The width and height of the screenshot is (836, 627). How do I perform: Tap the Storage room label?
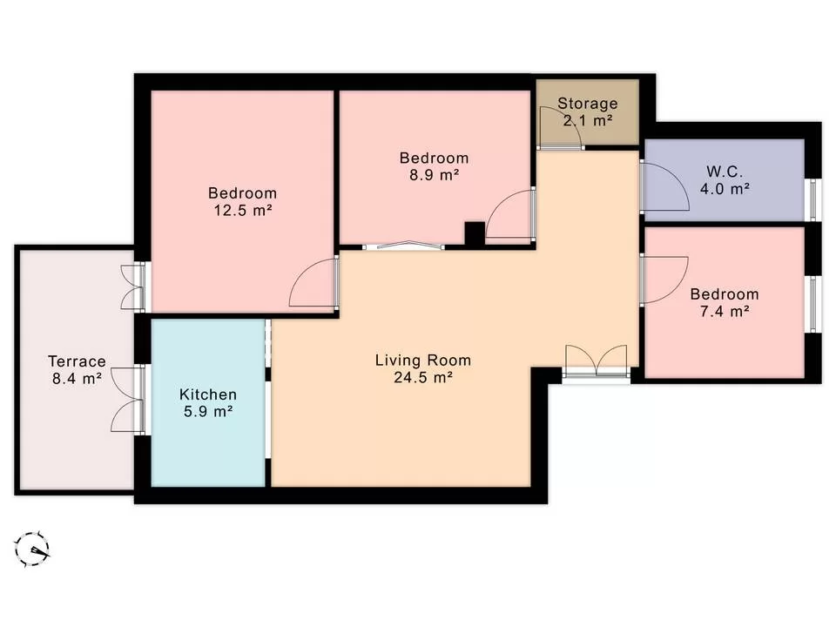(x=587, y=104)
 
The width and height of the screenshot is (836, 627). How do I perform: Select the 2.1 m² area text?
(x=587, y=121)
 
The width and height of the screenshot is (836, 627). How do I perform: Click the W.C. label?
(x=724, y=170)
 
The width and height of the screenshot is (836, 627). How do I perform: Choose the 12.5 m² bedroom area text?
(x=242, y=210)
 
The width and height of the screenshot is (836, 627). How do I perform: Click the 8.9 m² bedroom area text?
(x=434, y=175)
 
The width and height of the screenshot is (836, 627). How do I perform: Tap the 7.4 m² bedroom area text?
(x=724, y=311)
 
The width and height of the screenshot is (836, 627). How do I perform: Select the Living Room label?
(x=422, y=360)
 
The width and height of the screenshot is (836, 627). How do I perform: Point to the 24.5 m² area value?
(x=422, y=377)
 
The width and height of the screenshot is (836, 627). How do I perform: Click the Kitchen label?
(x=207, y=394)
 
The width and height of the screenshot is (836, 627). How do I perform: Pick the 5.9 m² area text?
(x=207, y=412)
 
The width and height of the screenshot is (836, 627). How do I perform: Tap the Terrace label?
(x=77, y=361)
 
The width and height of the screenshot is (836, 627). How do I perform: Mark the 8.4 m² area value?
(x=77, y=379)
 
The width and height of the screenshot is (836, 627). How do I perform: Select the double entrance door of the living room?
(x=596, y=362)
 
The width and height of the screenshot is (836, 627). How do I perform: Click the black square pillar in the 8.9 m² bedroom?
(x=474, y=234)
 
